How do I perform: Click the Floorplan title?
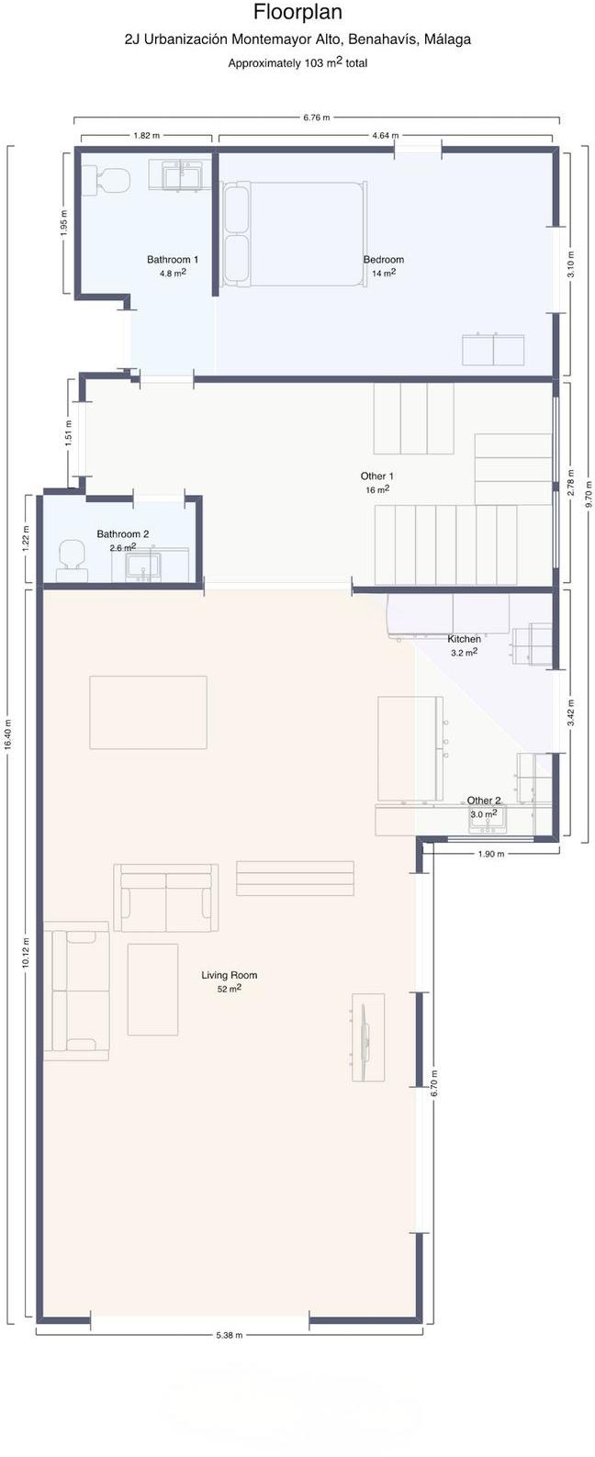click(x=297, y=12)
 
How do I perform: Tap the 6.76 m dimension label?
click(x=317, y=118)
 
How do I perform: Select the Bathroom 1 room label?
click(x=173, y=260)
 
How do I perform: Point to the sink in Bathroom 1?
click(x=182, y=175)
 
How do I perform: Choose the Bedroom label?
click(x=383, y=260)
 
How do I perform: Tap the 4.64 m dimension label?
click(x=385, y=135)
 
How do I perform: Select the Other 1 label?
click(x=377, y=476)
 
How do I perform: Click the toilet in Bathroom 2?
click(x=72, y=559)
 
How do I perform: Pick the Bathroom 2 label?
click(x=123, y=534)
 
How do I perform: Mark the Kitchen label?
click(x=464, y=639)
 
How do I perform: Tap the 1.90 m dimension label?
click(x=491, y=854)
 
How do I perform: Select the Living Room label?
click(x=229, y=975)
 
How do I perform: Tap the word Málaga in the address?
click(x=447, y=39)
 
